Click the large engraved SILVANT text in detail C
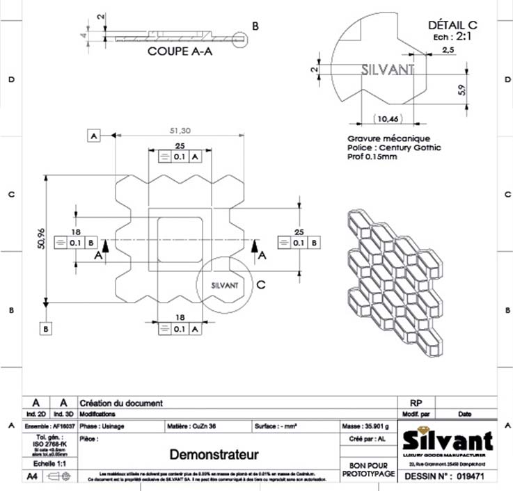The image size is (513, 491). (x=388, y=70)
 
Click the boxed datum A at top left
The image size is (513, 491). (x=95, y=136)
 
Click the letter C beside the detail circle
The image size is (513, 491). (x=260, y=284)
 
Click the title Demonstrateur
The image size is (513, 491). (x=214, y=455)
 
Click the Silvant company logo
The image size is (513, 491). (x=448, y=440)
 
